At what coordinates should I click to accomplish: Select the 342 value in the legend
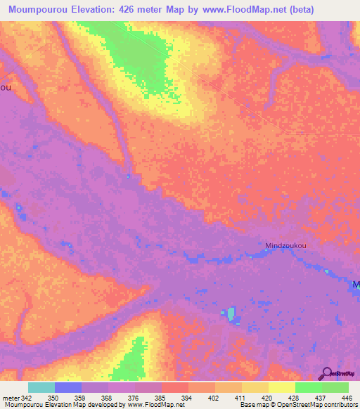(x=21, y=397)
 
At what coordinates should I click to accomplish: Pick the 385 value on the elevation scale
(x=161, y=397)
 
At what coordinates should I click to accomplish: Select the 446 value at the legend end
(x=347, y=397)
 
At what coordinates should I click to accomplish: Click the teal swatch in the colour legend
(x=41, y=387)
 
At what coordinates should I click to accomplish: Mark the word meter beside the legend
(x=8, y=397)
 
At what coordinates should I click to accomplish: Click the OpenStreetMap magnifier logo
(x=326, y=372)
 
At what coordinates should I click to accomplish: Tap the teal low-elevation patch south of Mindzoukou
(x=230, y=312)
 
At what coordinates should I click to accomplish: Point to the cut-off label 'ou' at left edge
(x=5, y=87)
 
